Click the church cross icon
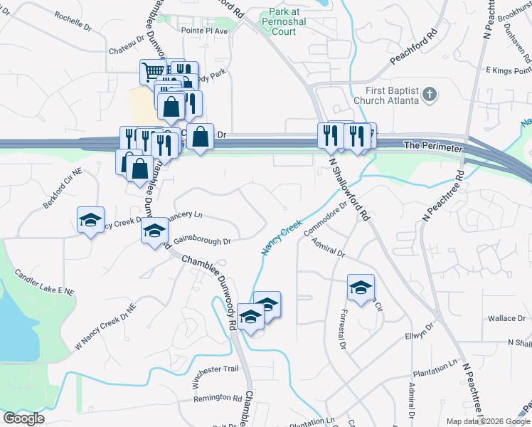pos(429,94)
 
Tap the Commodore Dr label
pos(324,218)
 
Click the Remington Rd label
pos(218,398)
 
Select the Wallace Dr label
pos(506,318)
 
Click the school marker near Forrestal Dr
pos(361,288)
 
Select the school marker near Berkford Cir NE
pos(91,220)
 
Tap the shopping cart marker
pos(154,71)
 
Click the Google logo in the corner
pos(23,418)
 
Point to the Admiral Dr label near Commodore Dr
pos(328,248)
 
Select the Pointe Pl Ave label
pos(204,31)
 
